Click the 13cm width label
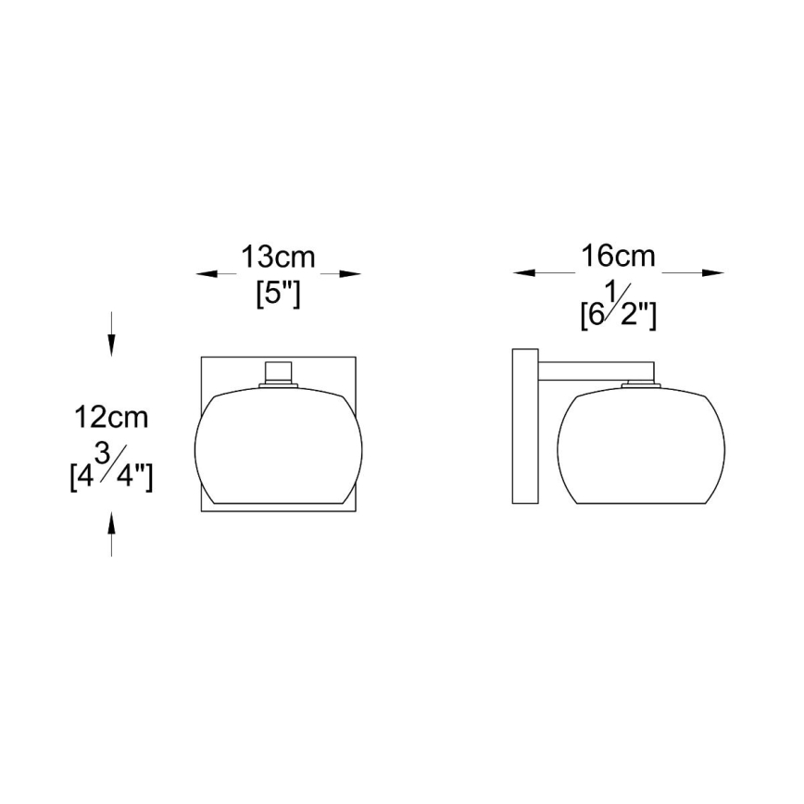278,256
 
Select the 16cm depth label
618,256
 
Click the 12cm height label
111,417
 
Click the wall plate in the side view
524,426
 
